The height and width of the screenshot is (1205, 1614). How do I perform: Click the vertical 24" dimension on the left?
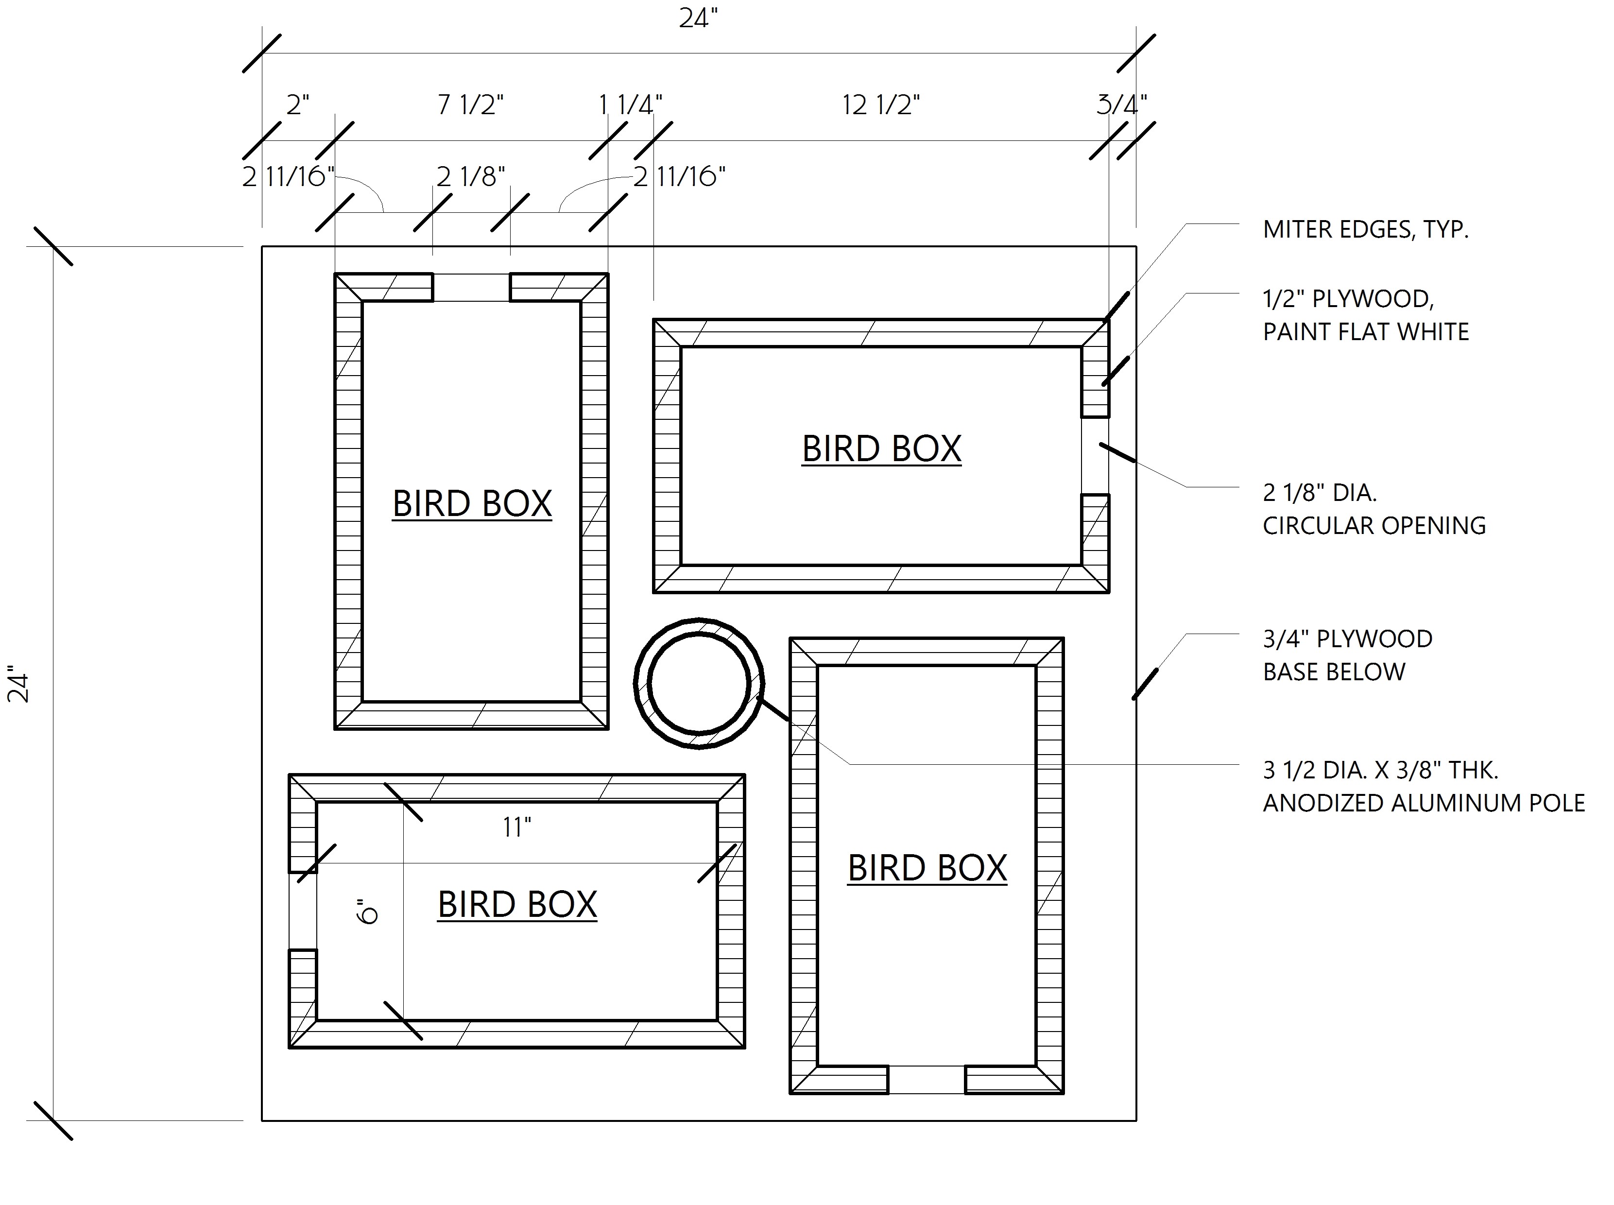pyautogui.click(x=18, y=684)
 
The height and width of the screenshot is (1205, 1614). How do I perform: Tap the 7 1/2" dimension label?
pyautogui.click(x=470, y=105)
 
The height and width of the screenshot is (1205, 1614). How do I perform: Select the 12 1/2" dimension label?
pyautogui.click(x=880, y=105)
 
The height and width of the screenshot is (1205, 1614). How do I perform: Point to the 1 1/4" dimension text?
pyautogui.click(x=630, y=105)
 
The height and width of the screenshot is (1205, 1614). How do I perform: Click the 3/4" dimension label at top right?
pyautogui.click(x=1121, y=105)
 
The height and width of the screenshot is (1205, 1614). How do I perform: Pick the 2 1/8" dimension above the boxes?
pyautogui.click(x=470, y=176)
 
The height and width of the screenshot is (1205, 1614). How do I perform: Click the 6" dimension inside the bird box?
pyautogui.click(x=368, y=912)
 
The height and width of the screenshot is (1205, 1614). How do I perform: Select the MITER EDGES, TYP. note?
pyautogui.click(x=1365, y=230)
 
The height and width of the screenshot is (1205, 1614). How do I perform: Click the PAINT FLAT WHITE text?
pyautogui.click(x=1365, y=332)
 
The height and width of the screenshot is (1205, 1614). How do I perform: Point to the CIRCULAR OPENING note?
pyautogui.click(x=1374, y=526)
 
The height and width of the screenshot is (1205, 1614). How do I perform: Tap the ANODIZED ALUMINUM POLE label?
pyautogui.click(x=1424, y=803)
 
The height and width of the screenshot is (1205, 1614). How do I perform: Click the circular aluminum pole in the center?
pyautogui.click(x=699, y=684)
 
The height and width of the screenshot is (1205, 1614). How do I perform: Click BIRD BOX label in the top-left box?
pyautogui.click(x=472, y=503)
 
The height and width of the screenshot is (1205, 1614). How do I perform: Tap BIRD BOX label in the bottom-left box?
pyautogui.click(x=517, y=905)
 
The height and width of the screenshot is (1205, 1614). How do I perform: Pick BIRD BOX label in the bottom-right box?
pyautogui.click(x=927, y=868)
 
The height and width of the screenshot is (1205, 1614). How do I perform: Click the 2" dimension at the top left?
pyautogui.click(x=297, y=105)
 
